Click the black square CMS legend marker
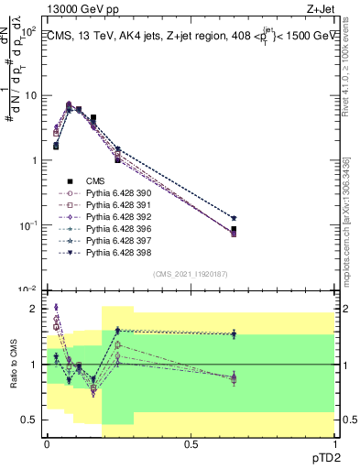(x=70, y=181)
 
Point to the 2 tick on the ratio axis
(x=36, y=309)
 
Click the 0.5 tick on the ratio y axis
(x=32, y=420)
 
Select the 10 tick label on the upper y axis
(x=29, y=96)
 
